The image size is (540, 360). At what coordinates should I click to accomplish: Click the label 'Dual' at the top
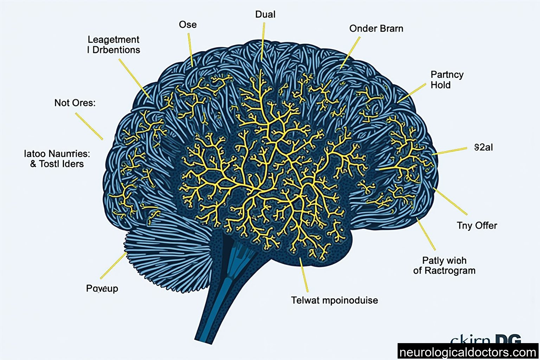(x=265, y=14)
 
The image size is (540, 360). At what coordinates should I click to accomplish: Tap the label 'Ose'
(x=187, y=25)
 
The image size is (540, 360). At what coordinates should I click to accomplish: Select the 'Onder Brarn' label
(x=376, y=29)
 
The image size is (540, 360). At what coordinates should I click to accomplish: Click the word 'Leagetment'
(x=113, y=39)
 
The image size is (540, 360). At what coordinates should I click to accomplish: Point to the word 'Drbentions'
(x=116, y=50)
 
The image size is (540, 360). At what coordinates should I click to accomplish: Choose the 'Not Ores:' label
(x=75, y=103)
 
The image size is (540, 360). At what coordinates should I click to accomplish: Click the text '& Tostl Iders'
(x=57, y=164)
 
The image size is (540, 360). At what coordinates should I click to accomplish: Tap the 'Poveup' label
(x=102, y=289)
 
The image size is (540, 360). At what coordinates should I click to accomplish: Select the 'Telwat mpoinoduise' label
(x=334, y=300)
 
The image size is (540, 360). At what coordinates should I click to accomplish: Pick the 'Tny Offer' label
(x=477, y=225)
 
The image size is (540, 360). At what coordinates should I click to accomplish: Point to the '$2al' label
(x=483, y=147)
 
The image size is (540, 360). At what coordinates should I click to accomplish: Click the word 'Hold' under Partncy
(x=441, y=85)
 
